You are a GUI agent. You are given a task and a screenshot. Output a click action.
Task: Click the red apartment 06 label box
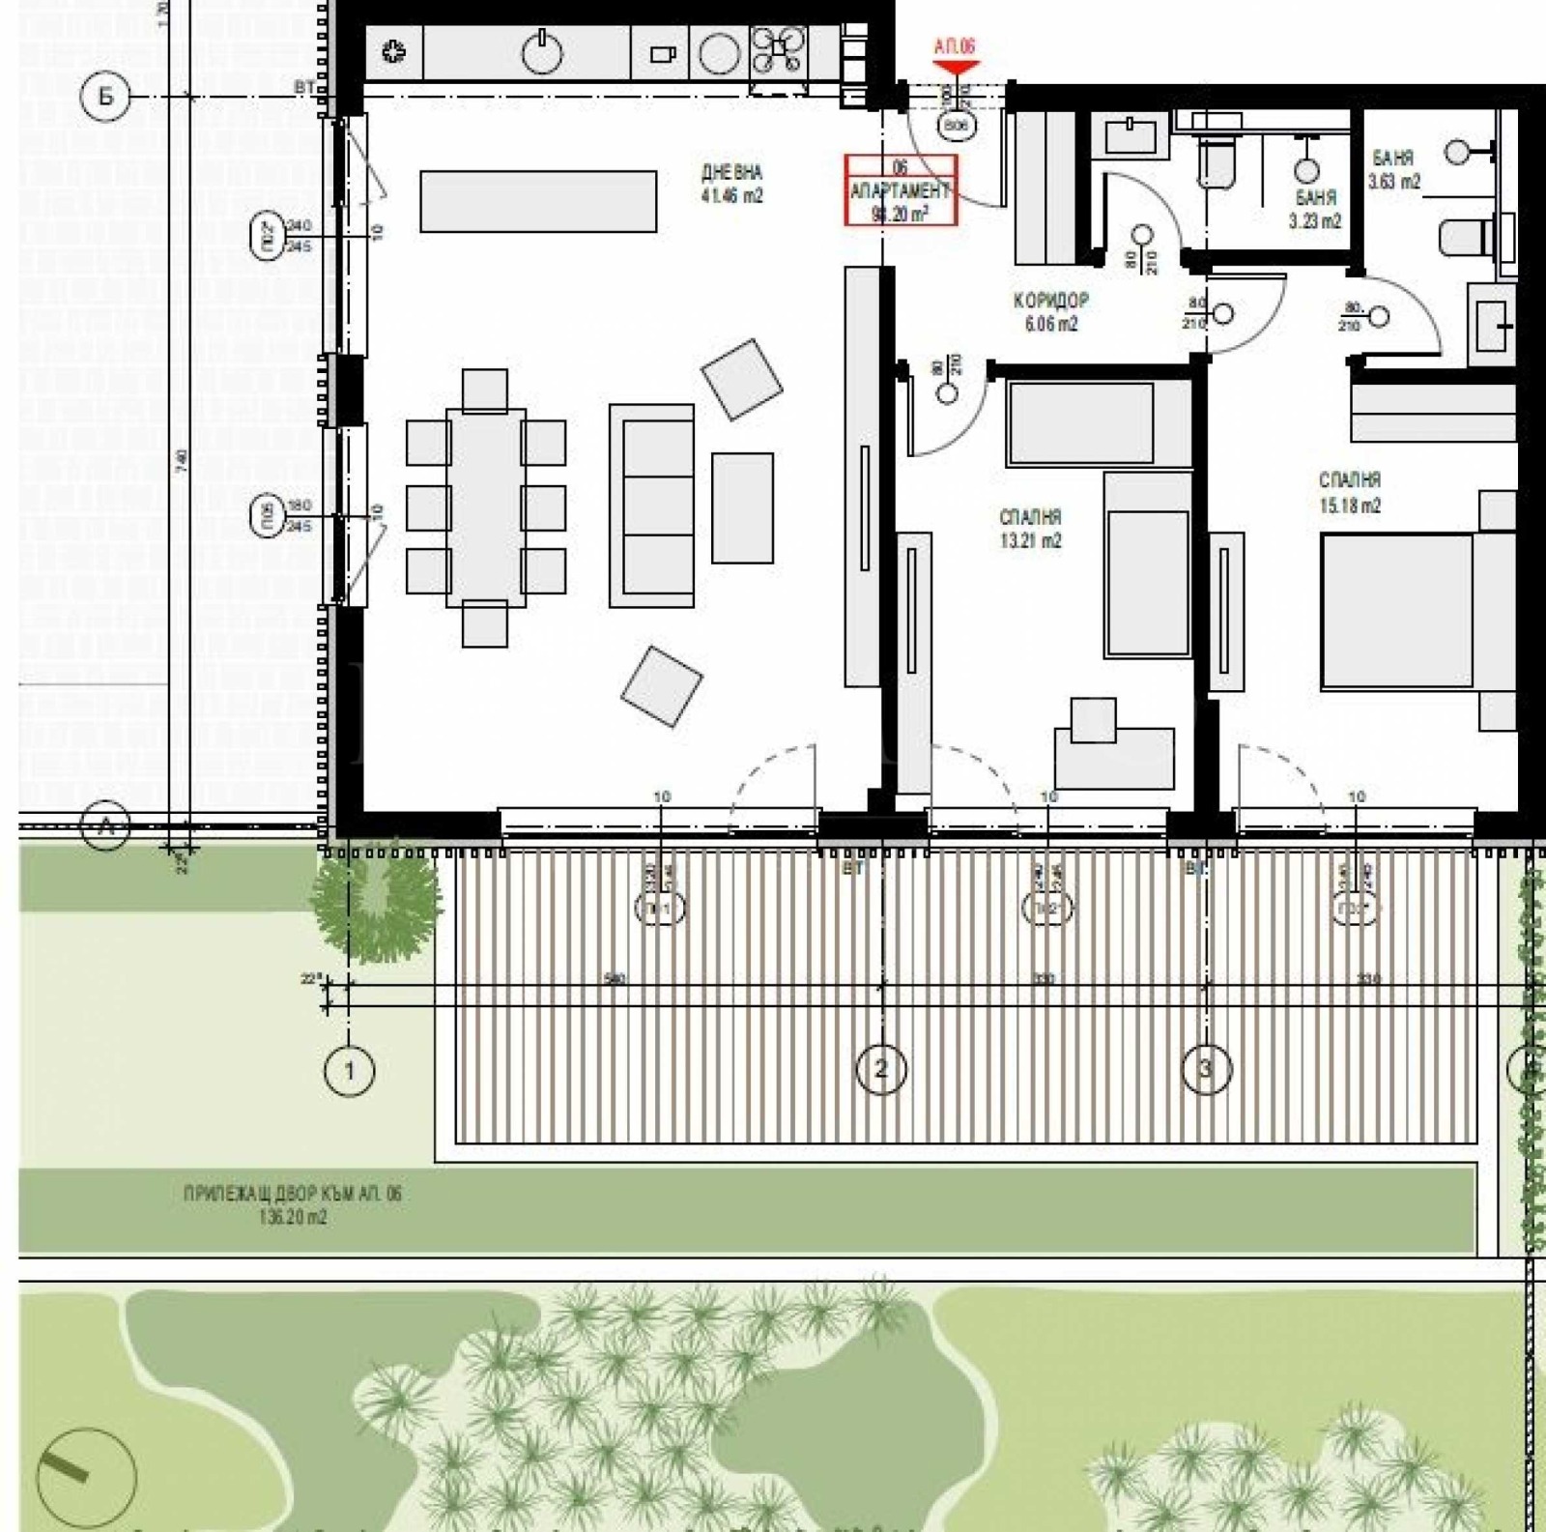click(901, 190)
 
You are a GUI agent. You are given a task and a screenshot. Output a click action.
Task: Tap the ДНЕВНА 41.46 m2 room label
click(731, 184)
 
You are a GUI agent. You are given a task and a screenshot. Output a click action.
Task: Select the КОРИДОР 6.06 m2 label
click(1051, 312)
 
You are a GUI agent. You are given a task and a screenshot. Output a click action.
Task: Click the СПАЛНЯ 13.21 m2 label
click(1030, 529)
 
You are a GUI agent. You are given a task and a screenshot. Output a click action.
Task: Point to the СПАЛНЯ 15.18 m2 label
click(1350, 492)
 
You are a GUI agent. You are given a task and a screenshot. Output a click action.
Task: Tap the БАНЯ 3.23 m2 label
click(1315, 209)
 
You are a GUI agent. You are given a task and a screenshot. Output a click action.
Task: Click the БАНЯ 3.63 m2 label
click(1393, 169)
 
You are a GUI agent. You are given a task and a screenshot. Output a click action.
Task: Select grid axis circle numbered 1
click(349, 1070)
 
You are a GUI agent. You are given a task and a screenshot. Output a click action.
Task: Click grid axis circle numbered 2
click(880, 1068)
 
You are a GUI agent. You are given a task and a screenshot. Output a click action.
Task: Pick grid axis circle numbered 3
click(1205, 1068)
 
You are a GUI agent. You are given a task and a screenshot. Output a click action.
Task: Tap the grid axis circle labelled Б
click(104, 97)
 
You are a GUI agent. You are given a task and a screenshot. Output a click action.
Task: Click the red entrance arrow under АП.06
click(955, 68)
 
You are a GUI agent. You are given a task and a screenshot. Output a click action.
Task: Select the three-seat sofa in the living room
click(652, 506)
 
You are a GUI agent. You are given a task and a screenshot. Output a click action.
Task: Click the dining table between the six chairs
click(485, 507)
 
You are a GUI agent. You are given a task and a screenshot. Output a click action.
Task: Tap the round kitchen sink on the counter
click(542, 52)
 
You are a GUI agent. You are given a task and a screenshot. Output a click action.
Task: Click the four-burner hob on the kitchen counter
click(779, 50)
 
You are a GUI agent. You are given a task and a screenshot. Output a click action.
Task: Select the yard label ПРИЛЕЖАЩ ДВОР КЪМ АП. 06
click(292, 1204)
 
